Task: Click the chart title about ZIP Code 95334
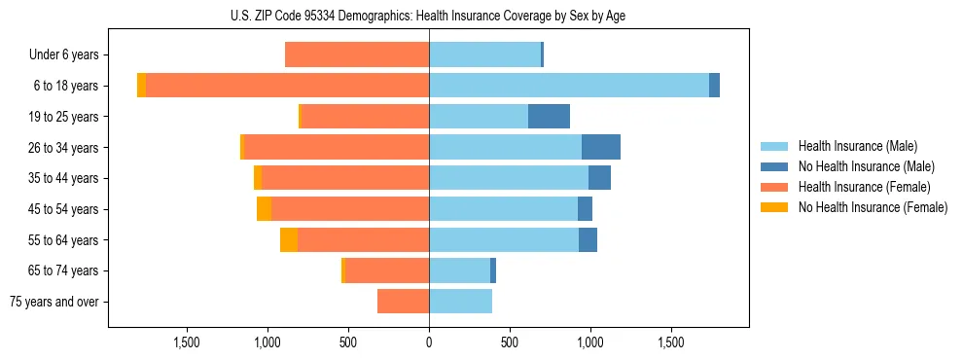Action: coord(429,16)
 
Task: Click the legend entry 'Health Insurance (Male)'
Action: coord(857,146)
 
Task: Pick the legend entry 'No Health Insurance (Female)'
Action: coord(873,207)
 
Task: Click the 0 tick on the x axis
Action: coord(429,342)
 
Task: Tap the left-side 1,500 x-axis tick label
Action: coord(187,342)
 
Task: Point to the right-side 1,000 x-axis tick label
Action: coord(590,342)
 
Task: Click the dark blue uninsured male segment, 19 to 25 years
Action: coord(549,117)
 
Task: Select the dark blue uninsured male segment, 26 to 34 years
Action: coord(601,148)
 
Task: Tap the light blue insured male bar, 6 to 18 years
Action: coord(569,86)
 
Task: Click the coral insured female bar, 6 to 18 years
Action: coord(288,86)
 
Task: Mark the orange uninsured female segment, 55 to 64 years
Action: coord(289,240)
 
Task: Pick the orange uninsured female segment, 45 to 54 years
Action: coord(264,209)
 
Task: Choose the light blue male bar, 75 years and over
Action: coord(460,302)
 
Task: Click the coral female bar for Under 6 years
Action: coord(357,55)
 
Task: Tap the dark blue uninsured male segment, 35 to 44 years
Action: coord(599,178)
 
